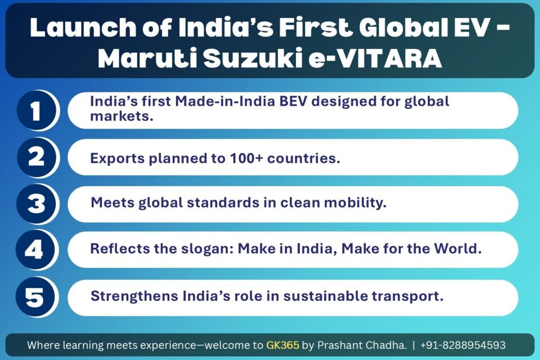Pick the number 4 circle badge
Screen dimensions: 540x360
click(35, 249)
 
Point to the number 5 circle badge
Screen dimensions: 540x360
click(35, 297)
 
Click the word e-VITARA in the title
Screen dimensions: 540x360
click(375, 59)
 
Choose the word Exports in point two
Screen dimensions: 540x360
click(118, 159)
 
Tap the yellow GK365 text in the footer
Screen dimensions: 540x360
click(283, 345)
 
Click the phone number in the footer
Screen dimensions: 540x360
click(463, 345)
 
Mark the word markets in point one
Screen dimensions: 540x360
click(122, 116)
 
